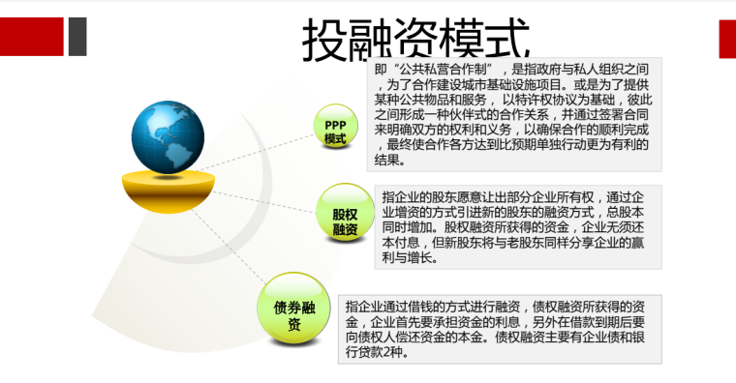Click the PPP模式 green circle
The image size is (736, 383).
click(x=335, y=132)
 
